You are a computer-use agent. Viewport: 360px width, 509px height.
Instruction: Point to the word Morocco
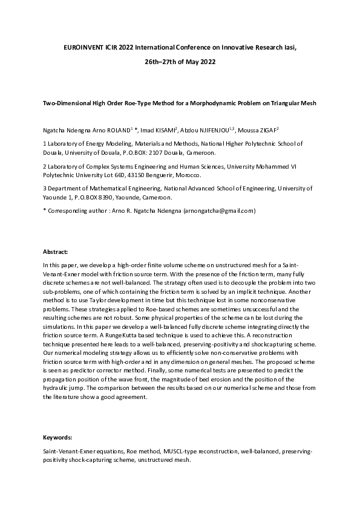click(x=189, y=175)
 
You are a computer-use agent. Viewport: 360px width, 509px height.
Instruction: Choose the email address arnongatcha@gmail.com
click(x=220, y=210)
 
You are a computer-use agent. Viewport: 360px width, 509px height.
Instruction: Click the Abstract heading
click(x=56, y=251)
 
